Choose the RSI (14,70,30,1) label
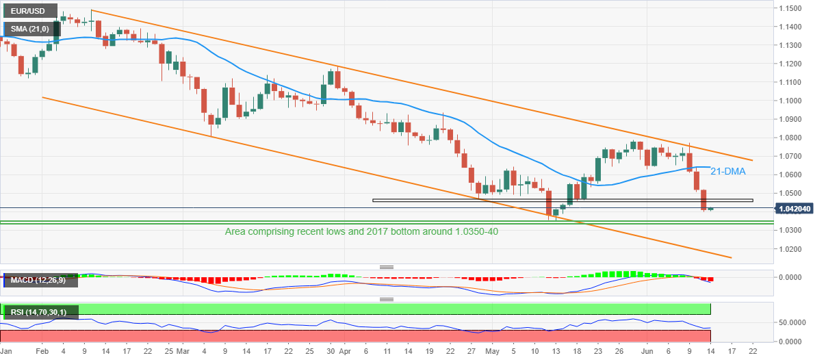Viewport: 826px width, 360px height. (x=40, y=313)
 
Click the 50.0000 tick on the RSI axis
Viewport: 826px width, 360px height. (x=788, y=322)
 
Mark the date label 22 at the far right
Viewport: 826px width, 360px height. (x=752, y=351)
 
